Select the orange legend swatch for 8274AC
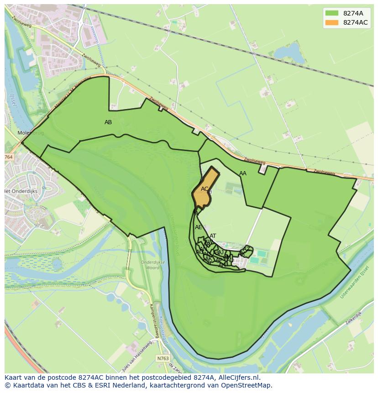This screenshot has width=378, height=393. tap(332, 22)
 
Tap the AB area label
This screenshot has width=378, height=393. tap(108, 122)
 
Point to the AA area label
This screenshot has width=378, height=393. tap(243, 173)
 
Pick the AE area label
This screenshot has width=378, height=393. tap(198, 227)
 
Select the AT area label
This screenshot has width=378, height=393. tap(213, 236)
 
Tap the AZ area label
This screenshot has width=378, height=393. tap(247, 249)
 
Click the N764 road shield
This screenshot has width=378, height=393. tap(9, 157)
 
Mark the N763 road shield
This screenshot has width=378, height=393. tap(162, 358)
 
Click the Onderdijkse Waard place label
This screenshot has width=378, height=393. tap(150, 265)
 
